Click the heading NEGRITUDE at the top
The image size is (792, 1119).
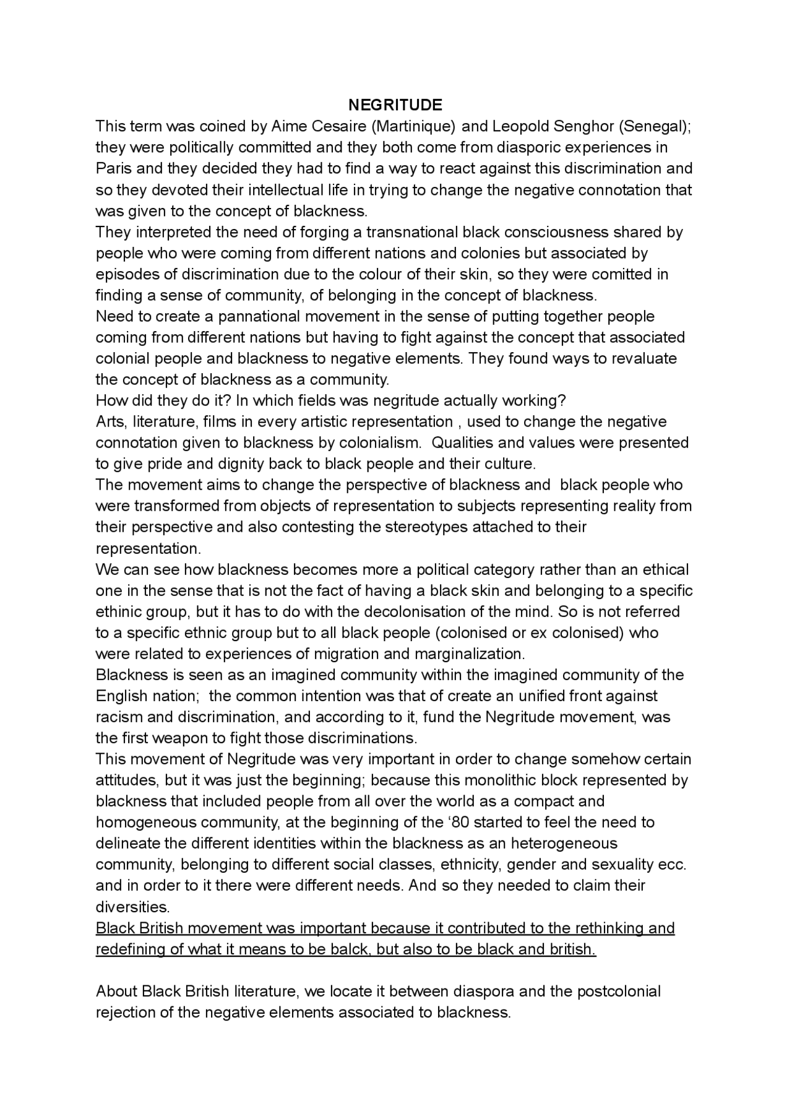395,104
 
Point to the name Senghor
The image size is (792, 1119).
580,126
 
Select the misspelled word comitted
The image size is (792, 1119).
621,274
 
